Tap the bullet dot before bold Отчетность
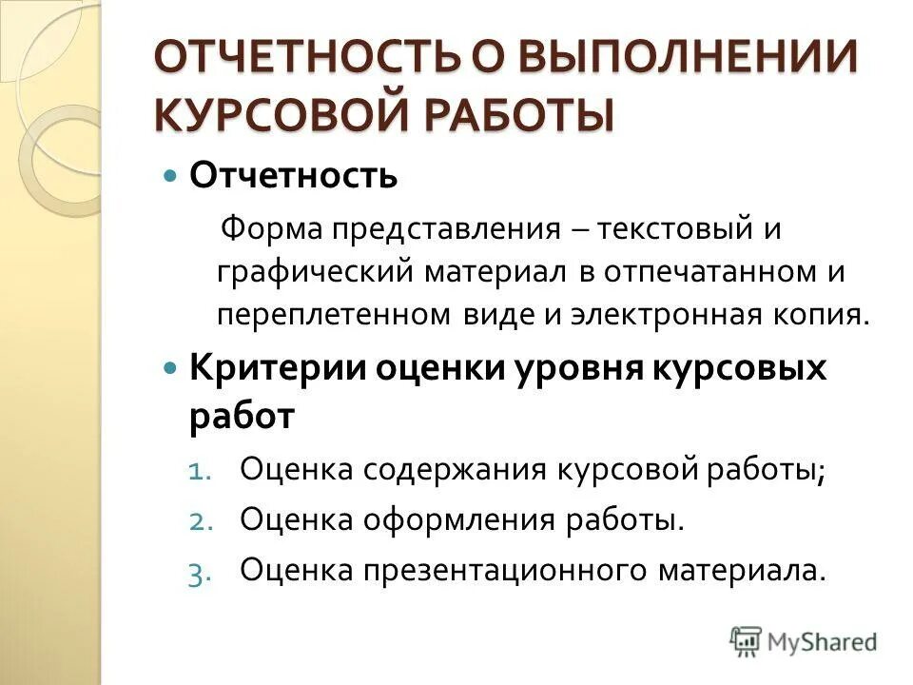click(171, 177)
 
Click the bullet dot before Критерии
click(171, 367)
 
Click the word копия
click(828, 315)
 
